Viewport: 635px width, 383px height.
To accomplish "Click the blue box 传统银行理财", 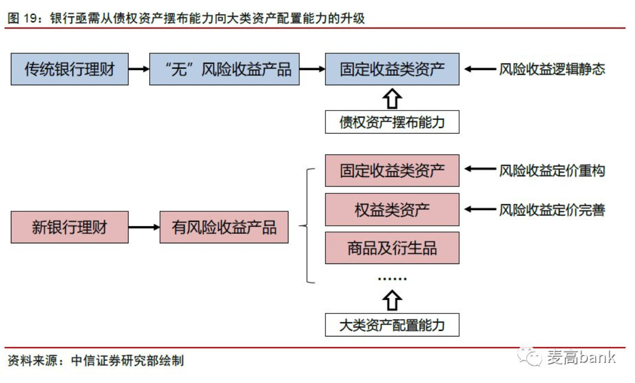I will tap(70, 69).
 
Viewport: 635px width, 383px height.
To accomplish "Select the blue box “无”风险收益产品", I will tap(224, 69).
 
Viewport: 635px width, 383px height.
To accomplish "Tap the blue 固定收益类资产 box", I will tap(392, 69).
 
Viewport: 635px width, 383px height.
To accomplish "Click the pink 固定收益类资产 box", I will tap(392, 170).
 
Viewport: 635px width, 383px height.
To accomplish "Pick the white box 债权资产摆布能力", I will tap(392, 122).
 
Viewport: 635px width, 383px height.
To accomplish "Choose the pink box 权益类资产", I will tap(392, 209).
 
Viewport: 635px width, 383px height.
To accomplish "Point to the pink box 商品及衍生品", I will tap(392, 247).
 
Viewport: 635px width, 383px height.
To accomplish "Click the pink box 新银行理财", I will tap(70, 227).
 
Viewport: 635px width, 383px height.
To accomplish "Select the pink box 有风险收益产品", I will tap(224, 227).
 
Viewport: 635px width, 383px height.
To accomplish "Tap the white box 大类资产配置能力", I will tap(392, 325).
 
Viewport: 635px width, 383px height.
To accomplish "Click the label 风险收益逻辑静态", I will tap(552, 69).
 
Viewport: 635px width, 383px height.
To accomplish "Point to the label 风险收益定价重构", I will tap(552, 170).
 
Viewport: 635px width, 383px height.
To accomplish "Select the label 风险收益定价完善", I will tap(552, 209).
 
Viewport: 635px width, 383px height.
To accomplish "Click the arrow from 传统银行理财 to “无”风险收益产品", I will tap(139, 69).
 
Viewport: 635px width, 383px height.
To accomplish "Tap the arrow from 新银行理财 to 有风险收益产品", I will tap(144, 227).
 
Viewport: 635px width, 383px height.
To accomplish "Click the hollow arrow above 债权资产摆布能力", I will tap(392, 99).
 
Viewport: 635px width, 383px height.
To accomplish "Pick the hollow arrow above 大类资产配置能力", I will tap(392, 300).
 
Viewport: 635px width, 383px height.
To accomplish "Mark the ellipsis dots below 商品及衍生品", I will tap(392, 279).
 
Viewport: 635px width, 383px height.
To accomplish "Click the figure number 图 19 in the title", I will tap(23, 19).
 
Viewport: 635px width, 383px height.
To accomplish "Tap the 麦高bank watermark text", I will tap(581, 357).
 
